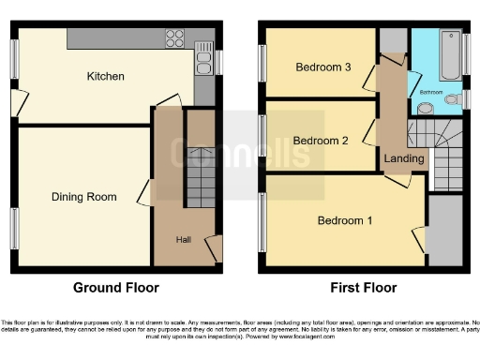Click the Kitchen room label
coord(106,76)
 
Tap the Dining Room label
coord(84,197)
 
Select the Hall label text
coord(185,240)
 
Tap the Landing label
coord(405,159)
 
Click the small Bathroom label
coord(431,93)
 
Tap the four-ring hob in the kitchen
coord(175,38)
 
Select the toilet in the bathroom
coord(452,98)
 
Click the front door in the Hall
coord(215,249)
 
